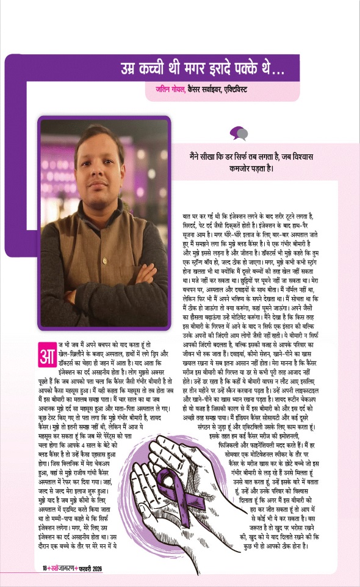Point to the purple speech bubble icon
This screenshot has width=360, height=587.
pos(238,132)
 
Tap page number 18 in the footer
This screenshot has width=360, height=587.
pos(37,569)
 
